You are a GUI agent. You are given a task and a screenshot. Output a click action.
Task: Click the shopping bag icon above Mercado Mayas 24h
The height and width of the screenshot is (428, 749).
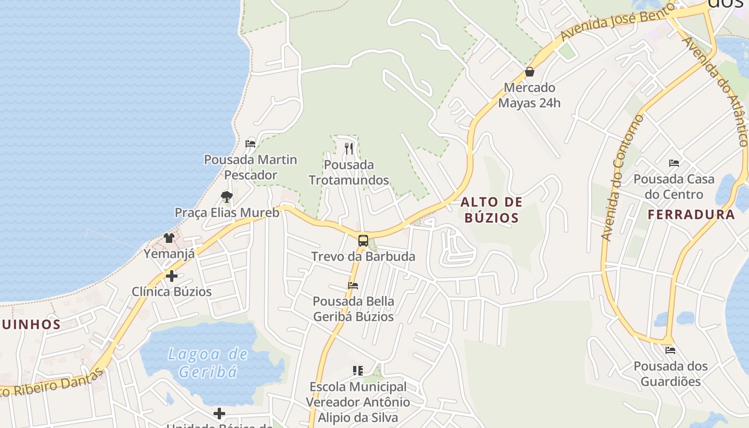click(530, 72)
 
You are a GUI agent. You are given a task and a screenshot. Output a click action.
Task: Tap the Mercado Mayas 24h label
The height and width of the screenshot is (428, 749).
click(530, 95)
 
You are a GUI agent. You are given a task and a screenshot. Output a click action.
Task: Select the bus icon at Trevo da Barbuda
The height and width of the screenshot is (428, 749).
click(363, 240)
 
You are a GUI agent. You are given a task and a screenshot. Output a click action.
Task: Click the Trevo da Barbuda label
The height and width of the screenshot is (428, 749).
click(363, 256)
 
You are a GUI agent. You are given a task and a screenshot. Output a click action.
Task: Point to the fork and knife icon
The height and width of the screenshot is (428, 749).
click(349, 148)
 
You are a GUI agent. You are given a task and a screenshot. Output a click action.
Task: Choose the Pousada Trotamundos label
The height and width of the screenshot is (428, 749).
click(349, 172)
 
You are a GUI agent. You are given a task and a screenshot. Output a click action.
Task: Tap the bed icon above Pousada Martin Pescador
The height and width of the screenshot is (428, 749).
click(250, 143)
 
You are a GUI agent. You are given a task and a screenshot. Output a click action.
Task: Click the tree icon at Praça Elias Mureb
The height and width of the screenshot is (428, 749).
click(227, 197)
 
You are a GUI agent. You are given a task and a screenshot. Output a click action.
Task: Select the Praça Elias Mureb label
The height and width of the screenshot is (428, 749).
click(227, 212)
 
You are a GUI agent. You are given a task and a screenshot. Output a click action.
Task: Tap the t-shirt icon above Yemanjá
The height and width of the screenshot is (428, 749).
click(169, 238)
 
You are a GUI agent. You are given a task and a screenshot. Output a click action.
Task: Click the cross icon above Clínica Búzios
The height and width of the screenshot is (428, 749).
click(172, 276)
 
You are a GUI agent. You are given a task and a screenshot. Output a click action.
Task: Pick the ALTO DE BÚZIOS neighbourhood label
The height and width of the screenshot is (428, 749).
click(491, 210)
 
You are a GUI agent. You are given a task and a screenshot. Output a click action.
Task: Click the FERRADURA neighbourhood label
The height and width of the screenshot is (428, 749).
click(691, 215)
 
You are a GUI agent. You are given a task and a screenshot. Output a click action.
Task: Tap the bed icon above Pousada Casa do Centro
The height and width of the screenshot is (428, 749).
click(674, 163)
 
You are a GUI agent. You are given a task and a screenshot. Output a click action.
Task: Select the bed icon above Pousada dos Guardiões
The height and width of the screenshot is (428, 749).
click(670, 350)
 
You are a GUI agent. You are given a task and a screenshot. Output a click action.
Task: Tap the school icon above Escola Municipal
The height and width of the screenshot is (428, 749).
click(358, 370)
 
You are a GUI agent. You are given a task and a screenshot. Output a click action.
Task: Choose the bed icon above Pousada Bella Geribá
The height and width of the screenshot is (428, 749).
click(353, 286)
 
